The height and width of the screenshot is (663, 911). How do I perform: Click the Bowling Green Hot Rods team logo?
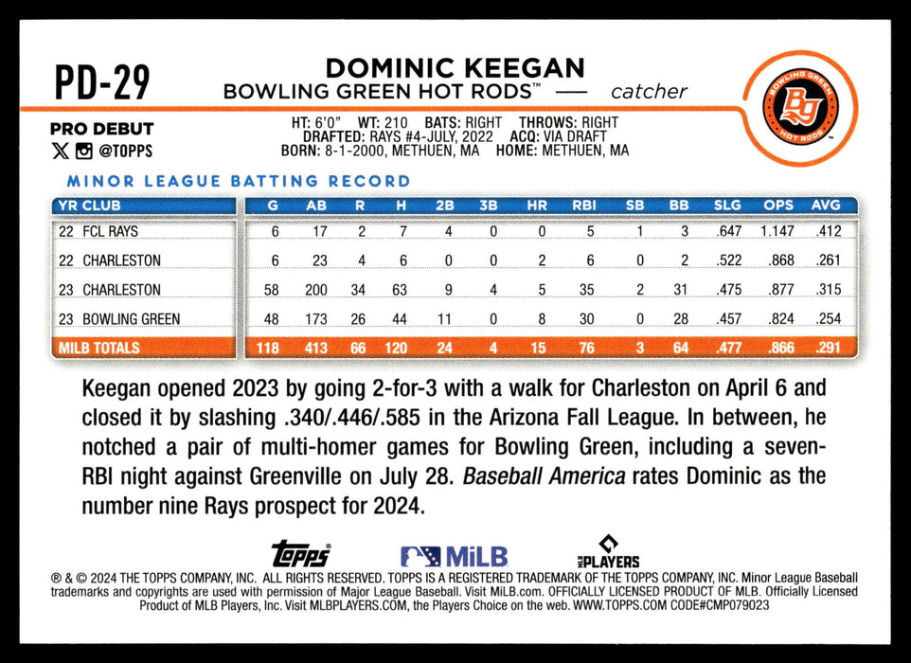coord(799,107)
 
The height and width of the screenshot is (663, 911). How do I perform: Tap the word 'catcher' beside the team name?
coord(649,92)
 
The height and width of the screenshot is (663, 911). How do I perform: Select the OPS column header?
coord(779,205)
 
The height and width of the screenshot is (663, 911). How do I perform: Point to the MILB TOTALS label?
coord(98,348)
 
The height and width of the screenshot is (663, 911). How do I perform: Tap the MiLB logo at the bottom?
coord(455,556)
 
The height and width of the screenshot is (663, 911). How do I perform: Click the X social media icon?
coord(63,150)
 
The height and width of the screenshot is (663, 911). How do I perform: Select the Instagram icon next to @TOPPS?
coord(84,150)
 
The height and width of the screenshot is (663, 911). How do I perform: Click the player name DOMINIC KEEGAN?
coord(455,67)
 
